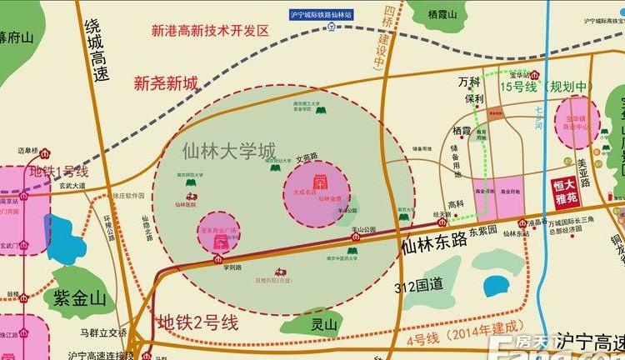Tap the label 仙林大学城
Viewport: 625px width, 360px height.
tap(229, 152)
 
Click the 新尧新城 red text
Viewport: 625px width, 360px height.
tap(167, 83)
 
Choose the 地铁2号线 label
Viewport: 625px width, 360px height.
tap(198, 322)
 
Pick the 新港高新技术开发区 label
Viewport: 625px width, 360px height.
tap(211, 31)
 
